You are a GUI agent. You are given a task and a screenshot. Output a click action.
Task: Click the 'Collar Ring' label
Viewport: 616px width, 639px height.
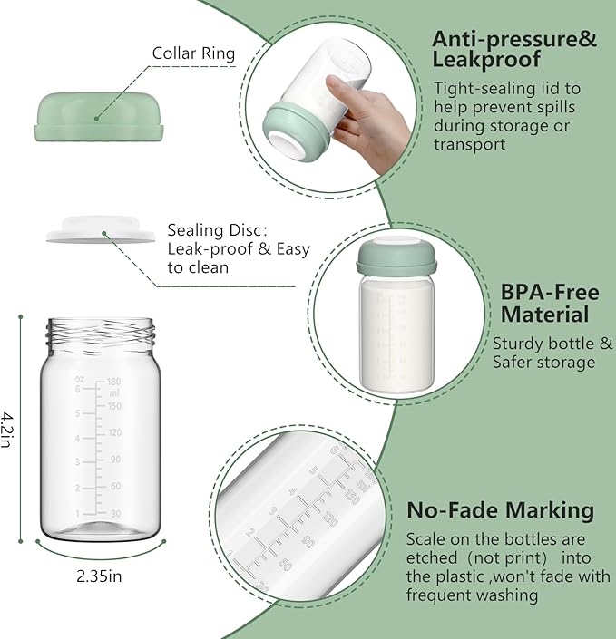[193, 53]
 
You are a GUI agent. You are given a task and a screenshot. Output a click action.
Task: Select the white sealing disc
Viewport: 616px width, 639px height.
[100, 233]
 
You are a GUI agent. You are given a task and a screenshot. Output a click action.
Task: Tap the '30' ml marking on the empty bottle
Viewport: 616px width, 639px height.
[115, 513]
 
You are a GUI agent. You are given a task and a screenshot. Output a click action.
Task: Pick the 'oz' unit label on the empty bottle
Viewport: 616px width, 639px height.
[80, 379]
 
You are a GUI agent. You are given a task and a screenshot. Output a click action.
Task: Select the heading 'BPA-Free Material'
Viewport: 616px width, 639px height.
[550, 304]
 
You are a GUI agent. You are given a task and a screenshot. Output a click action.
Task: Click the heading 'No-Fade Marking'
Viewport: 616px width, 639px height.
[500, 510]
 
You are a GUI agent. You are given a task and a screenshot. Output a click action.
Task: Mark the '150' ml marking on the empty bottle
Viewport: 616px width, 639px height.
[115, 406]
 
